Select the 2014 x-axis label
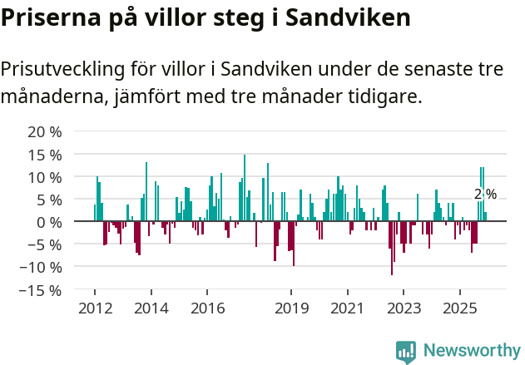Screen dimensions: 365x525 pos(151,308)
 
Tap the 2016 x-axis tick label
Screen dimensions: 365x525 pos(207,308)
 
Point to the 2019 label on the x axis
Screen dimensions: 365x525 pos(291,308)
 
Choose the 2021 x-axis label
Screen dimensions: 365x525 pos(348,308)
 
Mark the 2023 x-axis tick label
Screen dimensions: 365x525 pos(404,308)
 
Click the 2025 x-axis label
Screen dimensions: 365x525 pos(460,308)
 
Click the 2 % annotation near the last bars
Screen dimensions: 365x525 pos(485,195)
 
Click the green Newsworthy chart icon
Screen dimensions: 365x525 pos(406,353)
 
